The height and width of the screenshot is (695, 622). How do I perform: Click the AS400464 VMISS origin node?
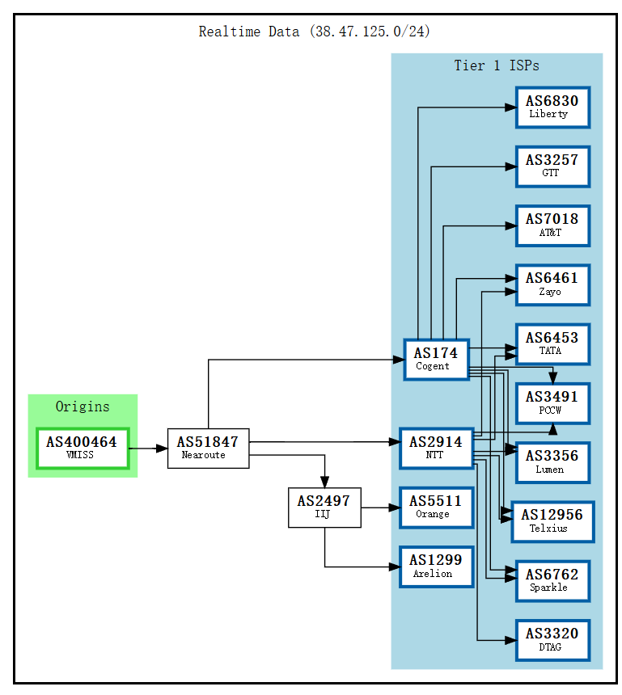(82, 448)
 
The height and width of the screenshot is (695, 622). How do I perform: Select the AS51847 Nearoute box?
(208, 448)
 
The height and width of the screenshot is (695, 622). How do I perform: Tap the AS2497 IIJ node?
(324, 508)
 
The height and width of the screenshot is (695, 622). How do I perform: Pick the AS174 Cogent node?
(436, 359)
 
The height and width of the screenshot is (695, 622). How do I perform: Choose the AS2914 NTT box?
(436, 448)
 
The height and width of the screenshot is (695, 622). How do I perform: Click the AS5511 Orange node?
(436, 508)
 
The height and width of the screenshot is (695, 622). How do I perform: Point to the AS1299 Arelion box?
(436, 567)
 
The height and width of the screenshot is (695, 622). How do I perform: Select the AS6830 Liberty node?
(552, 107)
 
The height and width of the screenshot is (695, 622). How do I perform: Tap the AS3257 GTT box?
(552, 166)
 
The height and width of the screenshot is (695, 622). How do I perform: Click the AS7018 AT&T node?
(552, 225)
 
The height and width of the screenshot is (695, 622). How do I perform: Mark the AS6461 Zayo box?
(552, 284)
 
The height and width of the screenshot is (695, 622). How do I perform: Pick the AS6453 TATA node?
(552, 344)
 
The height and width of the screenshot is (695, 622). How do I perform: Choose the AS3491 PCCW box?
(552, 403)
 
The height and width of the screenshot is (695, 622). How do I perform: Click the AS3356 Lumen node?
(552, 462)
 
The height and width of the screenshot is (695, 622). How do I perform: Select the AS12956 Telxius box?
(552, 521)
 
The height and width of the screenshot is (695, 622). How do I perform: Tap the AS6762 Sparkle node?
(552, 581)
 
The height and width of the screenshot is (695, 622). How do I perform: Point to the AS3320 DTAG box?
(552, 640)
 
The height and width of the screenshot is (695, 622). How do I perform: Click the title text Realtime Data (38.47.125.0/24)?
(315, 32)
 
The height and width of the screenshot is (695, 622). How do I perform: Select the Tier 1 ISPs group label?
(497, 65)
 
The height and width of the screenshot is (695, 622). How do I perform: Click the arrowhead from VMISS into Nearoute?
(160, 448)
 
